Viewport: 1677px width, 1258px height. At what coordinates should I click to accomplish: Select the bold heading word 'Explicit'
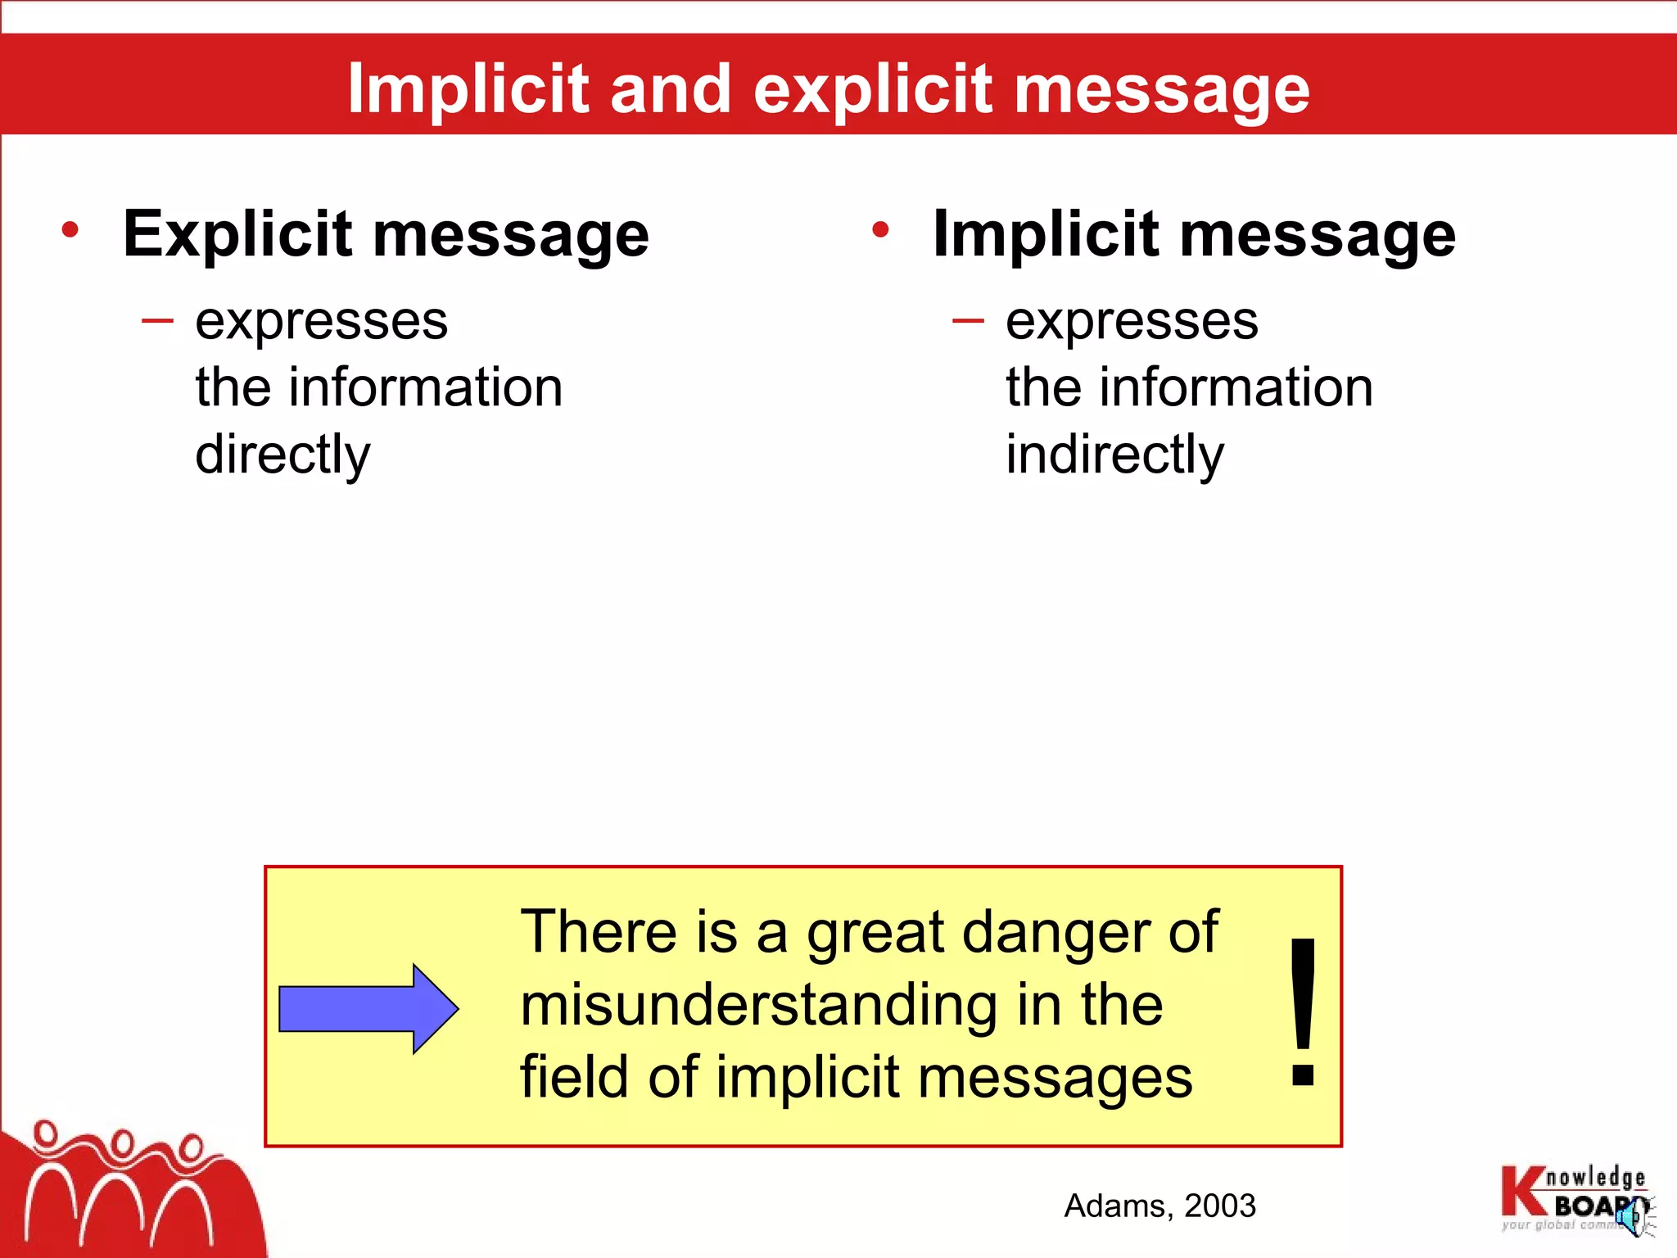(x=238, y=235)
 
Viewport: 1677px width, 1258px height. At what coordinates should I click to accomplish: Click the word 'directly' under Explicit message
(x=283, y=455)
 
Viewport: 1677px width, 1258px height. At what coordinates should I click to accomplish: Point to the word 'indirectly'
(x=1114, y=455)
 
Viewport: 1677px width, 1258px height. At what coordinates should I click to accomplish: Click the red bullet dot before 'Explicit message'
(x=70, y=229)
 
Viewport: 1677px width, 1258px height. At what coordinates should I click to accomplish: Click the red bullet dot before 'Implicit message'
(x=880, y=229)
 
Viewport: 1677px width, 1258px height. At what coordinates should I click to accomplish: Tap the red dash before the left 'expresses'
(x=157, y=321)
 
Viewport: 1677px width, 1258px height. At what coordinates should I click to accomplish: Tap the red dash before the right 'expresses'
(x=968, y=321)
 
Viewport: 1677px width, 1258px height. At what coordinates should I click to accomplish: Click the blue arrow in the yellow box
(x=368, y=1008)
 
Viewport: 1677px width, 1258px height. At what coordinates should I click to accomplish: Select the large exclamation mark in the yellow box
(x=1302, y=1012)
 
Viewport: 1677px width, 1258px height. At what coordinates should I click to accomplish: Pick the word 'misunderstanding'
(x=758, y=1005)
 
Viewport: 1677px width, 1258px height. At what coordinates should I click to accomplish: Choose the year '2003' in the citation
(x=1220, y=1206)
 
